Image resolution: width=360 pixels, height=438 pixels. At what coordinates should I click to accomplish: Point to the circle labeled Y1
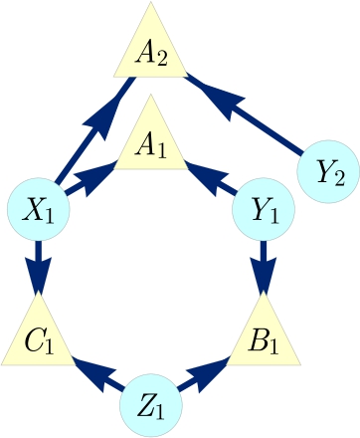[x=263, y=209]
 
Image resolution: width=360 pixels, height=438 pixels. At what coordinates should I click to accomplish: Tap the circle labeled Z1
[x=151, y=406]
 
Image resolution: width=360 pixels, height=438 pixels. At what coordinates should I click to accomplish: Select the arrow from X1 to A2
[x=94, y=134]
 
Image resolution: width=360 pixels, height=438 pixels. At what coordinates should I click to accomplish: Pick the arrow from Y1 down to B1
[x=263, y=267]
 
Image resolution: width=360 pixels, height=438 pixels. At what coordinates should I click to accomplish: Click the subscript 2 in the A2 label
[x=161, y=58]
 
